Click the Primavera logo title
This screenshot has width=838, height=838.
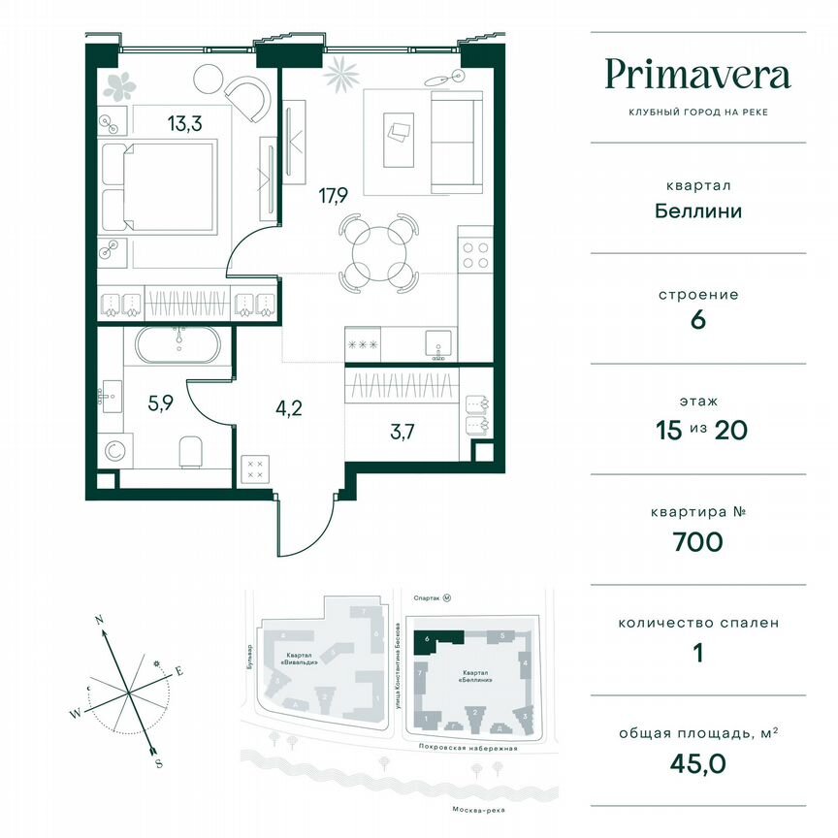pyautogui.click(x=697, y=75)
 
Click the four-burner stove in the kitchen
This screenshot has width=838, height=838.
pyautogui.click(x=475, y=254)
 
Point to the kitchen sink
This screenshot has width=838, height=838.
pyautogui.click(x=438, y=342)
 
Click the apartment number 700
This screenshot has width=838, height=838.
pyautogui.click(x=696, y=541)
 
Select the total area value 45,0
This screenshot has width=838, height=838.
pyautogui.click(x=697, y=761)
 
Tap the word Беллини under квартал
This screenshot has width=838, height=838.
pyautogui.click(x=696, y=210)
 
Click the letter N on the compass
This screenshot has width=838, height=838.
pyautogui.click(x=99, y=618)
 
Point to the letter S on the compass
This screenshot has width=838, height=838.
pyautogui.click(x=158, y=763)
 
